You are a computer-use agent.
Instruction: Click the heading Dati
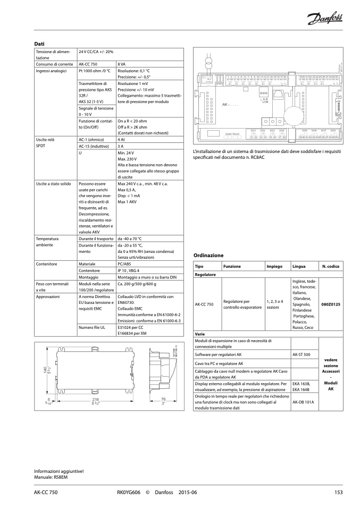tap(39, 43)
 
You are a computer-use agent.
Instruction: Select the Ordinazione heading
tap(208, 255)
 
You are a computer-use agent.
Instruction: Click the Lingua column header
tap(298, 266)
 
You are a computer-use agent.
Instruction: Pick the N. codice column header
tap(331, 266)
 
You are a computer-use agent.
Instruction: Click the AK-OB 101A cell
tap(303, 402)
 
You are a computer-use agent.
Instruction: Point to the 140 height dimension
tap(39, 369)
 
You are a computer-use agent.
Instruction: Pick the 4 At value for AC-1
tap(121, 139)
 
